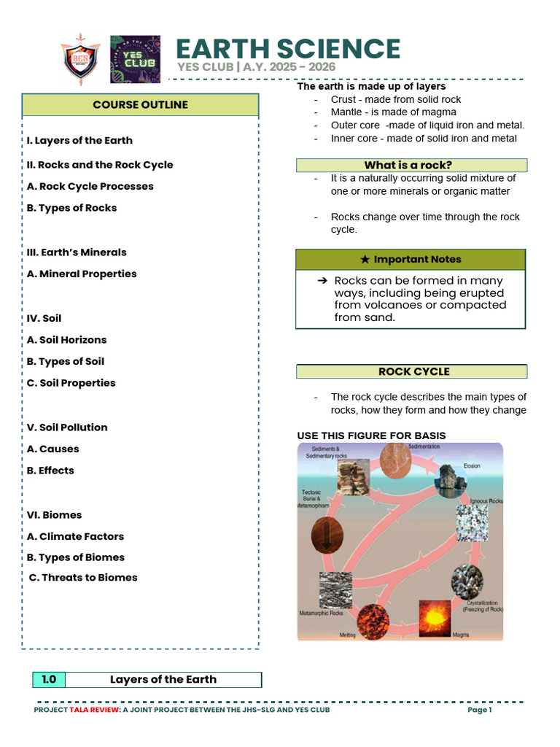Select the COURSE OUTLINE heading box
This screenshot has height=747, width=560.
coord(140,105)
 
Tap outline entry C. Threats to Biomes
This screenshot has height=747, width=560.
coord(83,578)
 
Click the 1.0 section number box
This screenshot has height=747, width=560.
coord(49,680)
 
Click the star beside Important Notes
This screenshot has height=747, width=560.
coord(365,260)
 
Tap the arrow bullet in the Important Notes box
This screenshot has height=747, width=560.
coord(322,281)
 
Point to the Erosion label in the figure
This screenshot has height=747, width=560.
coord(472,465)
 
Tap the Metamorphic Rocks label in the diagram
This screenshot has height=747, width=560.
coord(322,614)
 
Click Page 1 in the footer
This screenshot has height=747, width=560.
coord(480,710)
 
